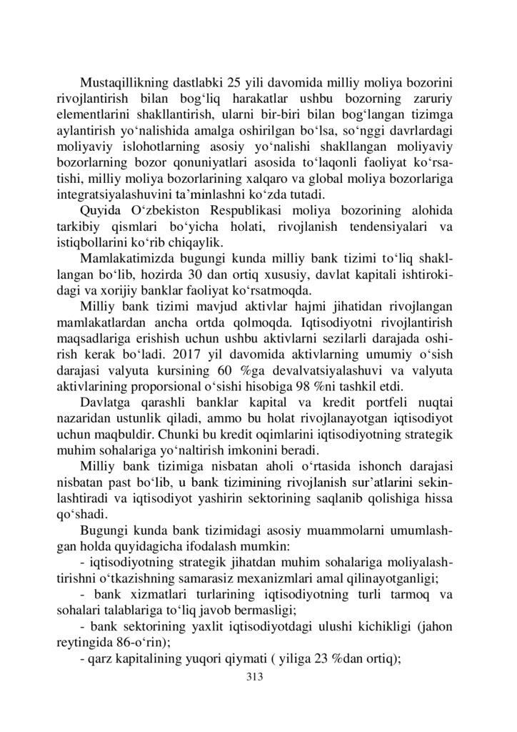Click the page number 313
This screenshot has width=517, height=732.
(256, 678)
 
